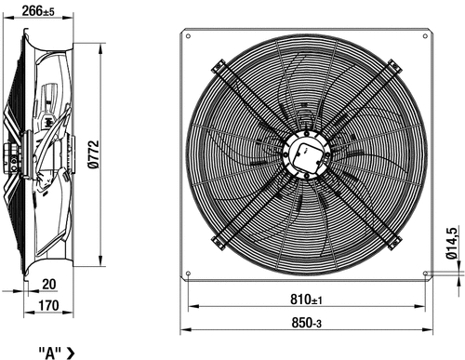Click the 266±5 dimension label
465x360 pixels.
pyautogui.click(x=38, y=11)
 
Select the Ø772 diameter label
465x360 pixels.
pyautogui.click(x=94, y=154)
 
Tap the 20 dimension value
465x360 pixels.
pyautogui.click(x=49, y=284)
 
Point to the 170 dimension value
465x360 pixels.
pyautogui.click(x=48, y=305)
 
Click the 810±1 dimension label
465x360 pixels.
pyautogui.click(x=306, y=300)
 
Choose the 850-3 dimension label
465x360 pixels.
pyautogui.click(x=306, y=323)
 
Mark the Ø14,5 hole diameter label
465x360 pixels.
pyautogui.click(x=451, y=244)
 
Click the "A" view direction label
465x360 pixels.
pyautogui.click(x=50, y=353)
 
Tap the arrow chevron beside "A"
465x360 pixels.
pyautogui.click(x=71, y=353)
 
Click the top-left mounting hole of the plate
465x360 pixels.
pyautogui.click(x=188, y=36)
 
